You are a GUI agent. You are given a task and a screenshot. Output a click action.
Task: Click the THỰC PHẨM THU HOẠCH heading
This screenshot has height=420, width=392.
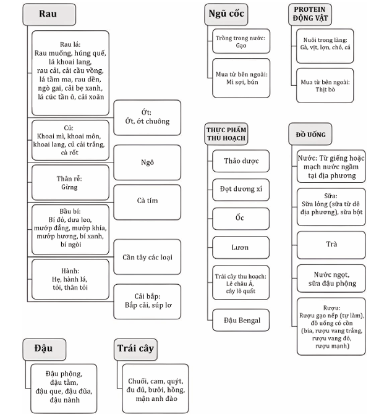click(226, 134)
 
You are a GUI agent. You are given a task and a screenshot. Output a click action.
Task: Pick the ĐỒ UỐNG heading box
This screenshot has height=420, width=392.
click(310, 134)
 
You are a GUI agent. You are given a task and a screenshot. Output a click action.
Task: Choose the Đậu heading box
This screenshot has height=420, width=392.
click(43, 348)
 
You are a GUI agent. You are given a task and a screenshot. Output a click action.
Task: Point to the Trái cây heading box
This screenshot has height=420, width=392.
click(135, 348)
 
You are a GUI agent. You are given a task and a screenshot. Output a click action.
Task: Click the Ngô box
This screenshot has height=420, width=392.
click(147, 162)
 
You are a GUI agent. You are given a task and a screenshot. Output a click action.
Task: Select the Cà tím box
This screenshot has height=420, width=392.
click(147, 200)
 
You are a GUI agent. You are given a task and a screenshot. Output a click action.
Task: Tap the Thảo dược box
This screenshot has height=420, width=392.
click(241, 161)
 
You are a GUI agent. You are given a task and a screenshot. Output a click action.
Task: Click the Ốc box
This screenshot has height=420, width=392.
click(241, 219)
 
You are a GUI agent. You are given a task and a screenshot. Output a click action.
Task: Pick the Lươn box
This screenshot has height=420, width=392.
click(241, 247)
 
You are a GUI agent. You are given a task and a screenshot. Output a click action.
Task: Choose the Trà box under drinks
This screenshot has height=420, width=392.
click(331, 244)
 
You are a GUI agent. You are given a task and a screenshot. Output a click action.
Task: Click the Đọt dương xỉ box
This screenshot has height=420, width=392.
click(241, 190)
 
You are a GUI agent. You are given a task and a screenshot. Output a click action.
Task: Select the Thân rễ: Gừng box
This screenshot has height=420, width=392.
click(69, 182)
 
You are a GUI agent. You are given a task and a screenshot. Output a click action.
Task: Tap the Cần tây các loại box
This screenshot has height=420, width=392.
click(147, 256)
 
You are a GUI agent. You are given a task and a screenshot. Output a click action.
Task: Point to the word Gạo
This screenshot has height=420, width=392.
click(241, 46)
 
